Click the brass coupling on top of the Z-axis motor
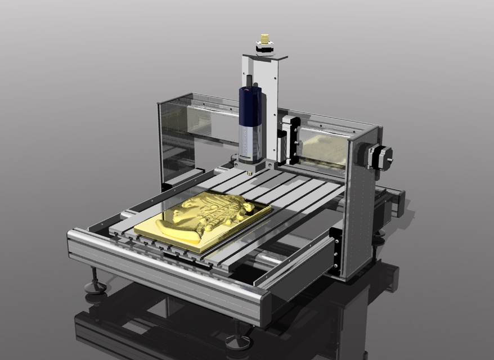click(264, 39)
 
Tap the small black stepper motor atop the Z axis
click(264, 48)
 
